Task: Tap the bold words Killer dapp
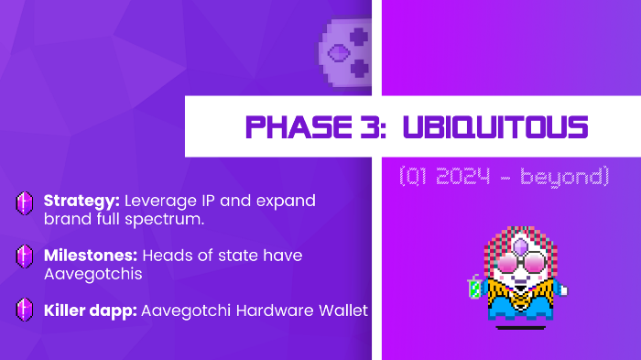click(x=90, y=311)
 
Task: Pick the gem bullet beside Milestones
click(x=24, y=257)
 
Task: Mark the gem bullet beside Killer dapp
click(x=24, y=311)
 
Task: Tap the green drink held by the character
click(x=474, y=288)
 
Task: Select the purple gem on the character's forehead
click(x=519, y=245)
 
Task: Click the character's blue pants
click(x=519, y=312)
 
